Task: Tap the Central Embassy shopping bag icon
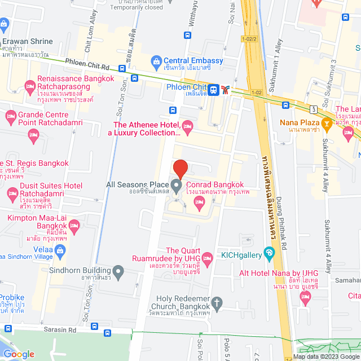click(x=156, y=61)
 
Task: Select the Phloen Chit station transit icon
click(x=214, y=89)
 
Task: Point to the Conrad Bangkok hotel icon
click(x=198, y=205)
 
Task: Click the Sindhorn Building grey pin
click(x=118, y=273)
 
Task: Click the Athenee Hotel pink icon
click(x=188, y=125)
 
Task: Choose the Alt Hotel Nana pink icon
click(x=306, y=298)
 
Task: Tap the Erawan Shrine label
click(x=28, y=41)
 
